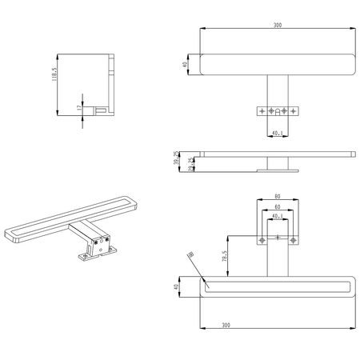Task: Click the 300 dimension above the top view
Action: point(277,25)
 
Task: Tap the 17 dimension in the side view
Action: point(78,107)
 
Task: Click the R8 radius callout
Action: point(191,256)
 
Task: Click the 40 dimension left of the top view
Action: point(185,65)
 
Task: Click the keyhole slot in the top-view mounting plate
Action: point(277,110)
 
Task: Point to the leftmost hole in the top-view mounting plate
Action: point(260,110)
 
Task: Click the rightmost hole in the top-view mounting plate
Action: point(294,110)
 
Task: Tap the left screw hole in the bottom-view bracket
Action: point(261,240)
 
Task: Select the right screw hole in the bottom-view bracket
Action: point(293,240)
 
